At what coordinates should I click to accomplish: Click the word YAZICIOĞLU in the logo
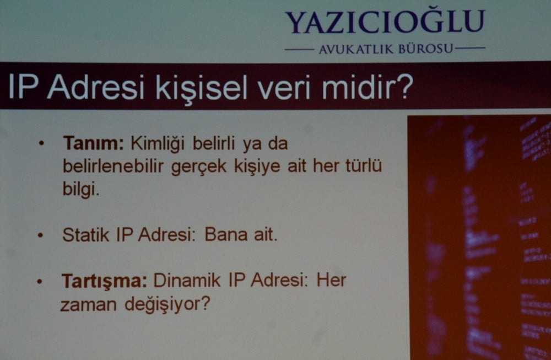385,22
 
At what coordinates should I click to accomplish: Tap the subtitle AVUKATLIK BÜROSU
385,50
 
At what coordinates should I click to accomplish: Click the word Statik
86,235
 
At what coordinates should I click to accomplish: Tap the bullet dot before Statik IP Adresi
40,235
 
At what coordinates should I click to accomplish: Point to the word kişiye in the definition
256,166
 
